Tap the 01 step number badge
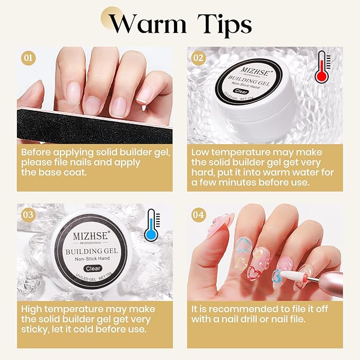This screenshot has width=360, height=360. click(x=28, y=57)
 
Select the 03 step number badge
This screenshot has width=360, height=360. click(x=28, y=214)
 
